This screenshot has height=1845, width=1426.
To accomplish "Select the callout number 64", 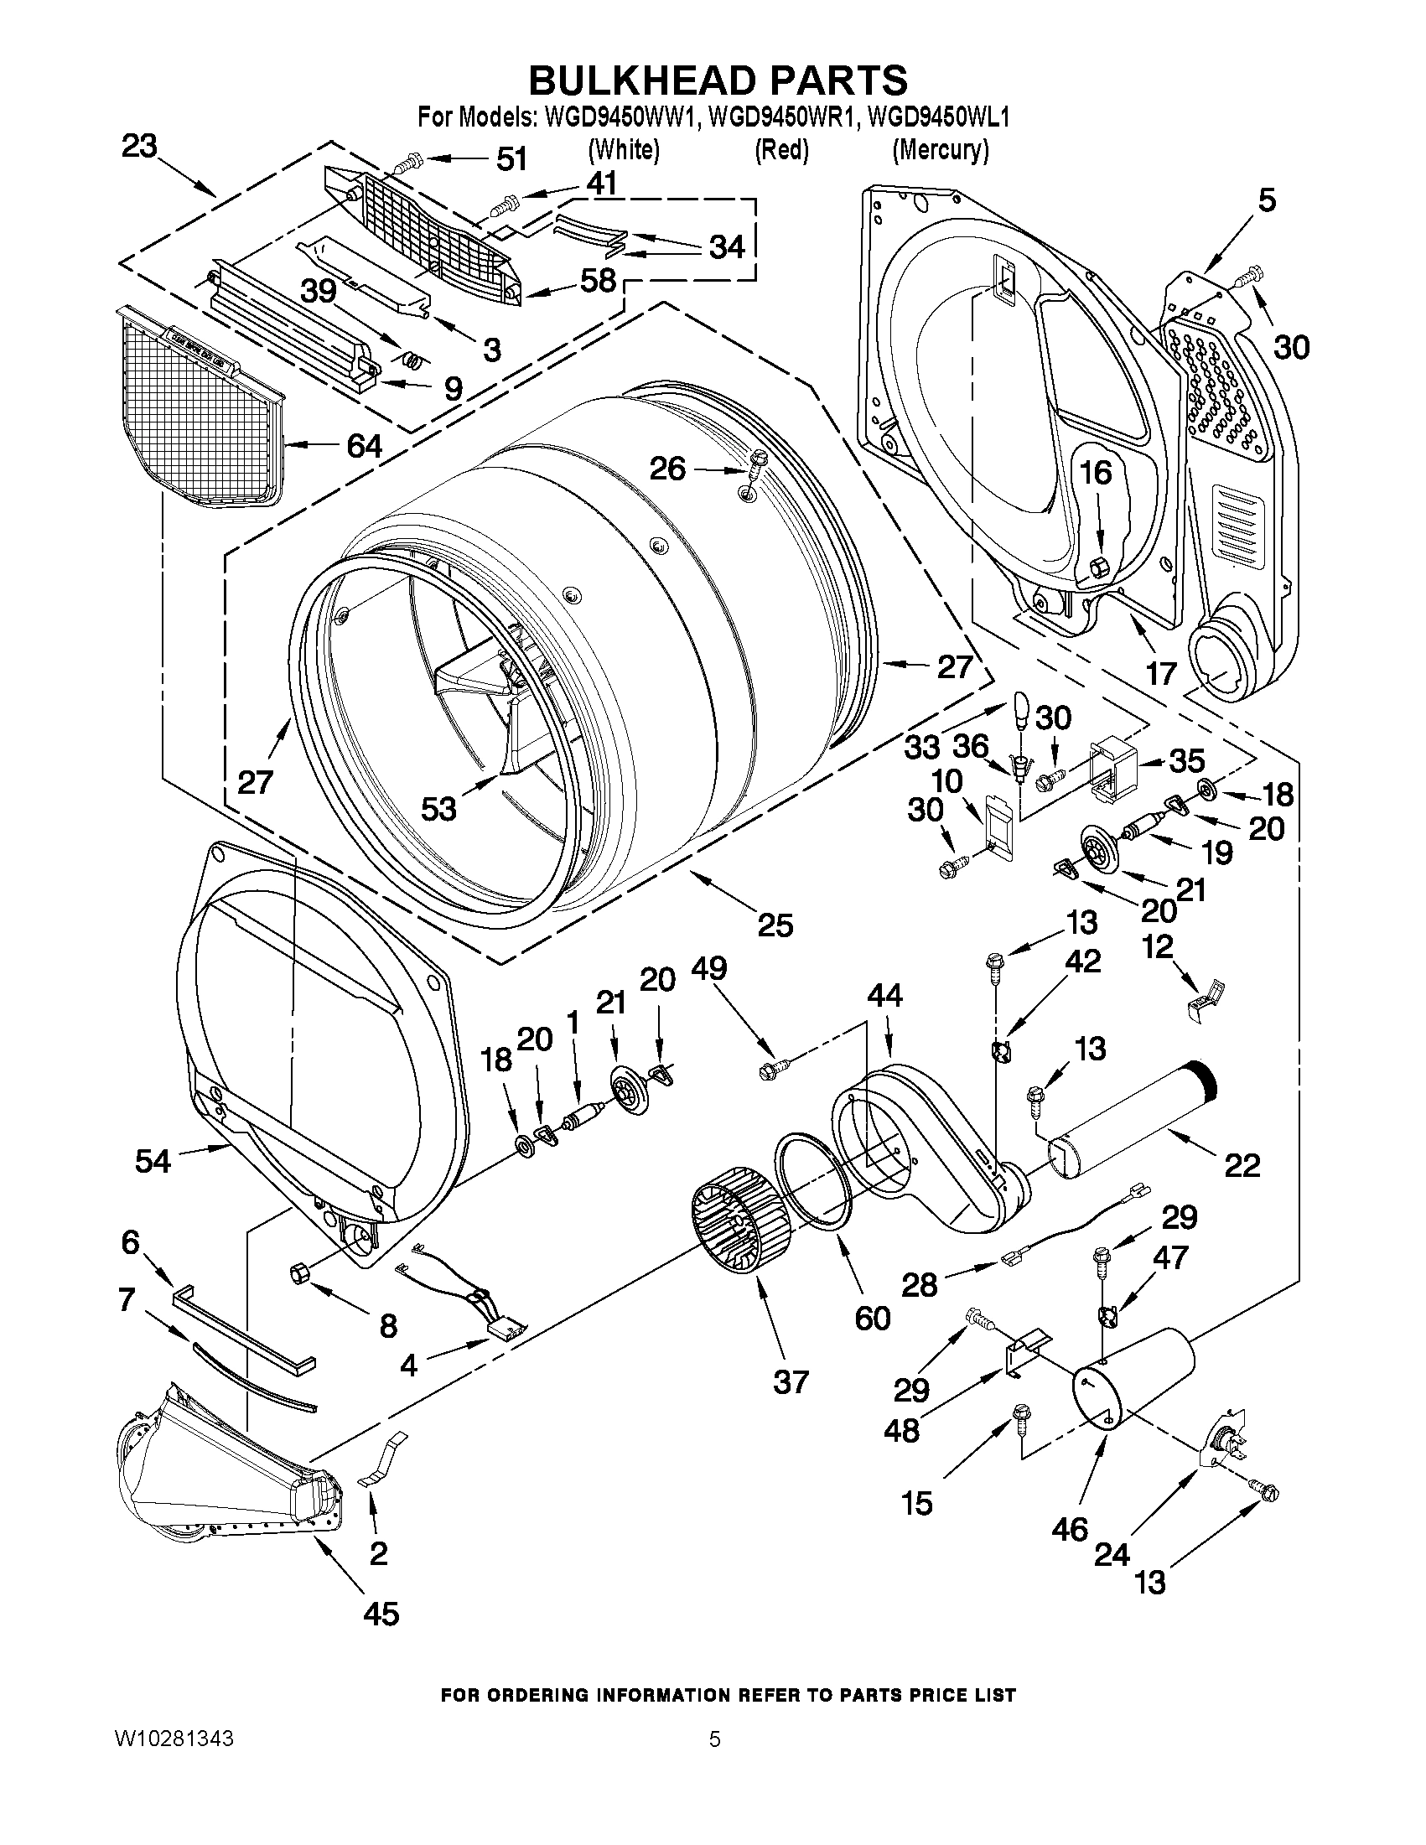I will pyautogui.click(x=364, y=446).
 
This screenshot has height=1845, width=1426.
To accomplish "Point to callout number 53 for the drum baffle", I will pyautogui.click(x=438, y=808).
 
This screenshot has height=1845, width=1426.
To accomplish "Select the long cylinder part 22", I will pyautogui.click(x=1132, y=1118).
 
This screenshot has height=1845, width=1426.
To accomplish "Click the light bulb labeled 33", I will pyautogui.click(x=1020, y=710).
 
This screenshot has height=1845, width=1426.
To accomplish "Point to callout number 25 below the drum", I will pyautogui.click(x=775, y=925).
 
